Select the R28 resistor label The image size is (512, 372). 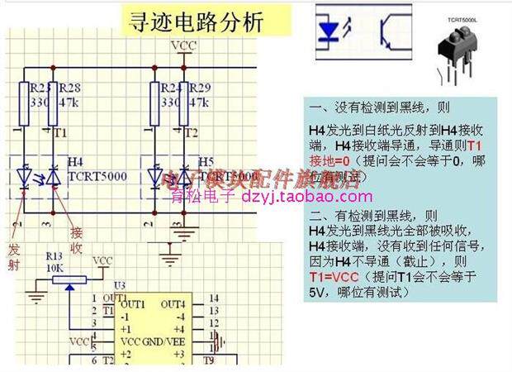click(x=70, y=88)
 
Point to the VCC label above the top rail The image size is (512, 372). click(x=182, y=45)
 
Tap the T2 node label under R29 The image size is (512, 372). click(x=192, y=132)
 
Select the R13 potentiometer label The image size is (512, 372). click(x=55, y=256)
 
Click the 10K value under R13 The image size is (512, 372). click(x=55, y=267)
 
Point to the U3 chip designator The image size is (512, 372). click(x=121, y=285)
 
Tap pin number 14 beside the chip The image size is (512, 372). click(x=214, y=298)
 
